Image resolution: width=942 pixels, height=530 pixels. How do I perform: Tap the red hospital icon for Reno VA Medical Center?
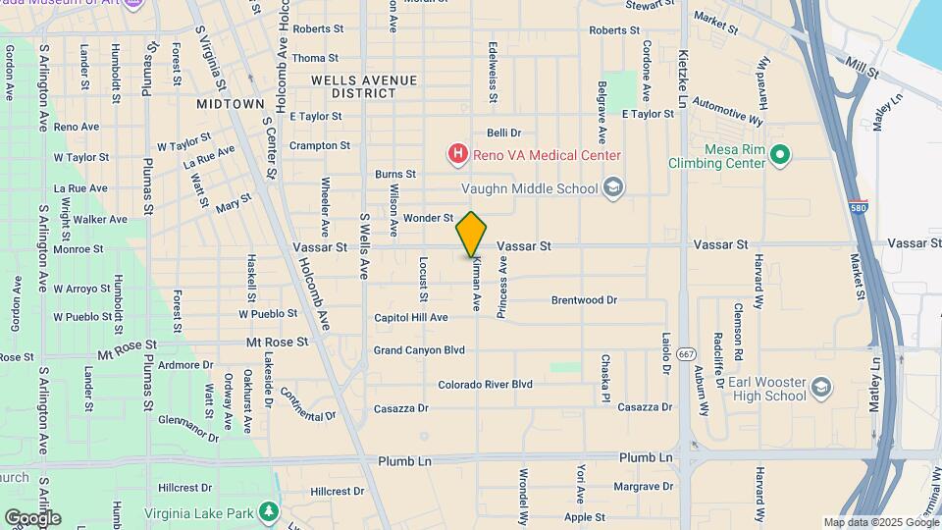(x=457, y=154)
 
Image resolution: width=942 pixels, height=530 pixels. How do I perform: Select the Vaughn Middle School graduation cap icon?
(x=613, y=187)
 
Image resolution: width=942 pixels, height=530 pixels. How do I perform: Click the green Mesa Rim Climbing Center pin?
(x=780, y=153)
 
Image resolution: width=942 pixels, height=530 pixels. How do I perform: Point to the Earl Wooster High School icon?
(x=818, y=390)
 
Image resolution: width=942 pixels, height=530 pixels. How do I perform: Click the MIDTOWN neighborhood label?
(x=230, y=103)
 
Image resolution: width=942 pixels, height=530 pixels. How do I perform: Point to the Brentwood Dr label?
(x=584, y=300)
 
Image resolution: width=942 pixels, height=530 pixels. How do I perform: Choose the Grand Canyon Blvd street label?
(x=419, y=349)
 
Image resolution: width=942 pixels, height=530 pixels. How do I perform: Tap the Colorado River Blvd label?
(x=485, y=385)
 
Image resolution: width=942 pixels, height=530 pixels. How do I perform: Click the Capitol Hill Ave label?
(x=411, y=317)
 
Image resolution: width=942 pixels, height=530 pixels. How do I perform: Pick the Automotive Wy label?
(x=727, y=109)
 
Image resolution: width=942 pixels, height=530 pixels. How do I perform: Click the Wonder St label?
(x=428, y=218)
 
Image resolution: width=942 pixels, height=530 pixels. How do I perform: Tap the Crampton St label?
(x=320, y=145)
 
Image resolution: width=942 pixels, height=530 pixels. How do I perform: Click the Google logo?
(x=32, y=517)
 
